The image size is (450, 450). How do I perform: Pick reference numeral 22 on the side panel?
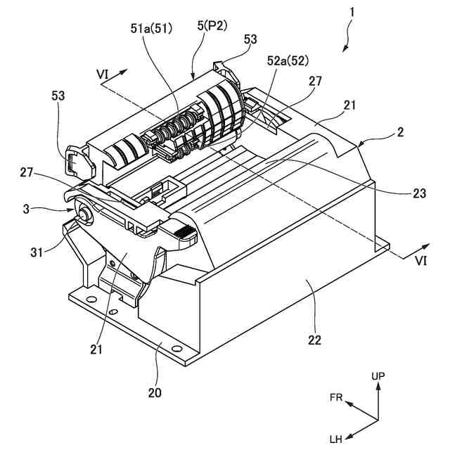click(314, 340)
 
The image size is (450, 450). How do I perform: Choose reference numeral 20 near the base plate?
click(154, 392)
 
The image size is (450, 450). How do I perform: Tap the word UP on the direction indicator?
click(378, 377)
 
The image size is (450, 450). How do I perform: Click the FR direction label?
click(336, 397)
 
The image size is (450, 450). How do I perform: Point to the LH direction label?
click(336, 439)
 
